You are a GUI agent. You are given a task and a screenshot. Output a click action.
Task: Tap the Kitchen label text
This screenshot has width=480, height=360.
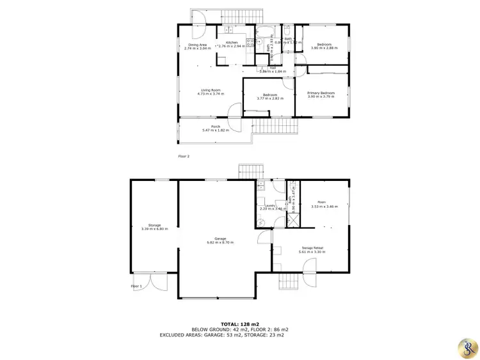point(231,42)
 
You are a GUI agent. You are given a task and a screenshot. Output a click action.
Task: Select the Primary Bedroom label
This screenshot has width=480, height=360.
point(322,93)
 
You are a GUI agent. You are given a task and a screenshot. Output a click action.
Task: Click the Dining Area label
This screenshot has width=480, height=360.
point(197,44)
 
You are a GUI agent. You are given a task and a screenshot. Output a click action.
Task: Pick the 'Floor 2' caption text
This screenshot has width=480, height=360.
point(184,155)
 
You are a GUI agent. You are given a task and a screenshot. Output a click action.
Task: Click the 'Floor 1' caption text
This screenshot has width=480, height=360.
point(136,286)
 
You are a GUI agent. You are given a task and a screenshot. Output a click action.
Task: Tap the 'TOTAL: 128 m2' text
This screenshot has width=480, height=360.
point(240,324)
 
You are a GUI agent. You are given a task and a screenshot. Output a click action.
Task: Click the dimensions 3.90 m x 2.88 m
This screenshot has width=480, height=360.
point(324,48)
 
